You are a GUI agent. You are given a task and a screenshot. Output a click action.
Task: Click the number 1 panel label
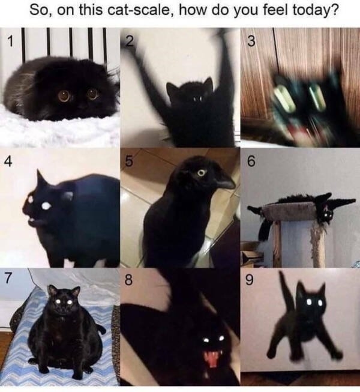(x=10, y=41)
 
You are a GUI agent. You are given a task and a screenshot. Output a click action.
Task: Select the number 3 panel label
(x=251, y=41)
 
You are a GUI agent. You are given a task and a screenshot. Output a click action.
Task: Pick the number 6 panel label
(x=251, y=161)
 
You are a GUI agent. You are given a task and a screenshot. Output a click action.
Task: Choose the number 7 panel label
(x=9, y=280)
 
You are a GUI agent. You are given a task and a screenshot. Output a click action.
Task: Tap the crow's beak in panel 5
(x=224, y=179)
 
